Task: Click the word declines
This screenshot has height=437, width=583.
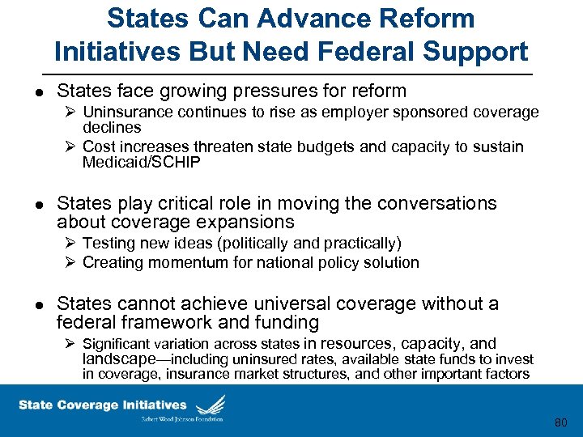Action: (112, 128)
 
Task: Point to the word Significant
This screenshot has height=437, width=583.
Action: (120, 345)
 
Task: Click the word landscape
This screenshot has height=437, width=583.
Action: (119, 359)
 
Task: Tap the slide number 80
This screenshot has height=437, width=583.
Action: (561, 422)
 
